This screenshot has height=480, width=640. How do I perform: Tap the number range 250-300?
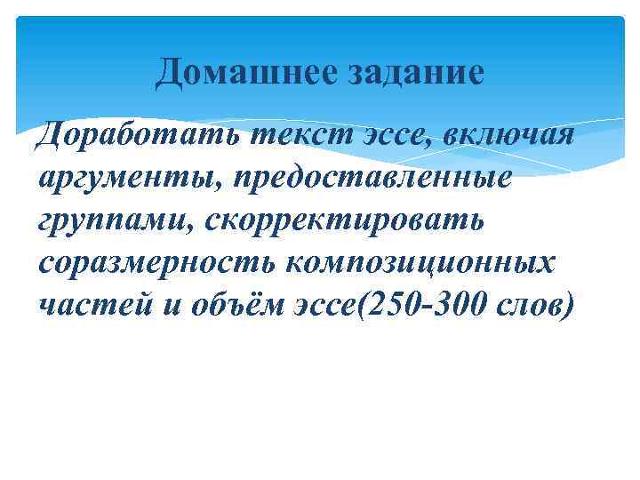pyautogui.click(x=421, y=304)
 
